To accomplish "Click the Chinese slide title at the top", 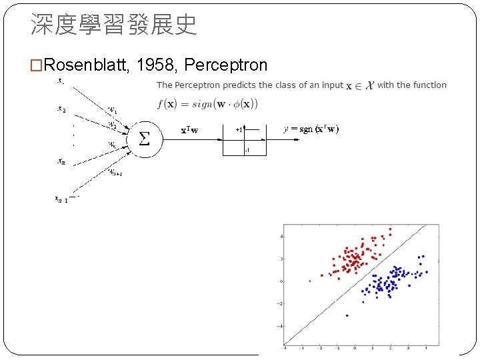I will click(113, 25).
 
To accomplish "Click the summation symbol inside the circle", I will click(143, 139).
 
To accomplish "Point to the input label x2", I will click(61, 110).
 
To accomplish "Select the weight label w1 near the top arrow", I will click(113, 109).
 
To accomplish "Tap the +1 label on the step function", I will click(239, 130).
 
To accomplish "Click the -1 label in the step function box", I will click(247, 151).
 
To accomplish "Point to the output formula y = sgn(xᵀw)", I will click(311, 129).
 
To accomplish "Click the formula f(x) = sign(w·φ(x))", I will click(207, 103).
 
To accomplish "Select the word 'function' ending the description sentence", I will click(430, 85).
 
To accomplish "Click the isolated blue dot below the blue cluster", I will click(347, 315).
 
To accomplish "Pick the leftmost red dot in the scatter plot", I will click(309, 281).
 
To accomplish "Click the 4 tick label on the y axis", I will click(281, 236).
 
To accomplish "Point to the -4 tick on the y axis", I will click(281, 326).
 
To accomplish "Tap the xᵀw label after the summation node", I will click(189, 130).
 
